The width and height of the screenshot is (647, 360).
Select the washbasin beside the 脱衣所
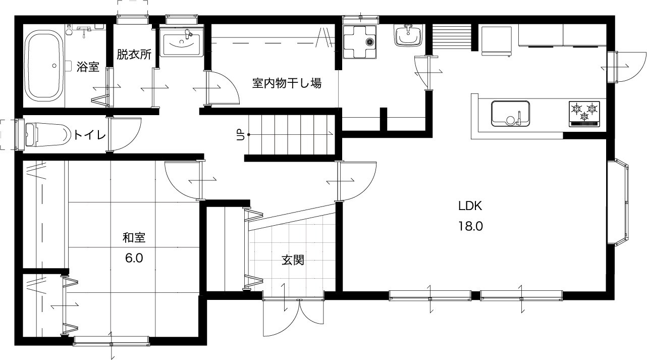181,42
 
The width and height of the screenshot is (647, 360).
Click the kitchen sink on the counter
510,114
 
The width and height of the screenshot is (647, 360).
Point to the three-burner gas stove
584,114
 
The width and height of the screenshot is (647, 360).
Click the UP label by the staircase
240,135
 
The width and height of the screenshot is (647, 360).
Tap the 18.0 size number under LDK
470,226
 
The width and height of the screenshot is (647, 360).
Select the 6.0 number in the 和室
134,258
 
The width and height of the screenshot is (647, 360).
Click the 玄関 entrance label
293,261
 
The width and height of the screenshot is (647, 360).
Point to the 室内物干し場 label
287,83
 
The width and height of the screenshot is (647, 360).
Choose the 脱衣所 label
134,54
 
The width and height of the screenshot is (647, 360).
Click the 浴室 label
88,67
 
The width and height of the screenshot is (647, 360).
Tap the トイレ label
89,135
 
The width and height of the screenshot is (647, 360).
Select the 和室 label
134,237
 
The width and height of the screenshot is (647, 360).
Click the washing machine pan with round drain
360,42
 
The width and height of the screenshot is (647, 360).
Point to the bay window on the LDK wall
618,202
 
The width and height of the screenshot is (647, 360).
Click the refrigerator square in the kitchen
497,41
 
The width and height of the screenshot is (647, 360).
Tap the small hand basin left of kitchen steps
408,35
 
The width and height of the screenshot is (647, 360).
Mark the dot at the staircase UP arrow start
248,134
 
